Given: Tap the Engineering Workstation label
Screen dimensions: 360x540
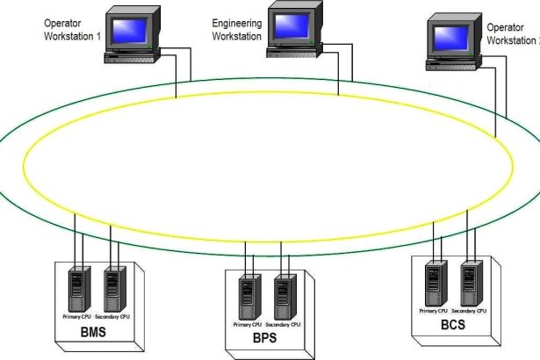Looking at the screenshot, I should pos(237,30).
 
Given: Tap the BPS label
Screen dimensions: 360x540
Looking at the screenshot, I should pos(265,337).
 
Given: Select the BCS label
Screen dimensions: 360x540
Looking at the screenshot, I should pos(454,325).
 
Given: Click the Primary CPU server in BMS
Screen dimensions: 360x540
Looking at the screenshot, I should pos(80,285).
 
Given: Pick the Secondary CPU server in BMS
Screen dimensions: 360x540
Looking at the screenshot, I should pos(112,285).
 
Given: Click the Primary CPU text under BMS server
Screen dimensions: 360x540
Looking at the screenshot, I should pos(76,315).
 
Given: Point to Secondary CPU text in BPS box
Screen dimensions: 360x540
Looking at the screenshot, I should pos(284,324).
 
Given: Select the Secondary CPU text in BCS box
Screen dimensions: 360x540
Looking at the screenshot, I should pos(469,311).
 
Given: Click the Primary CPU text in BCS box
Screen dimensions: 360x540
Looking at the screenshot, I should pos(434,311).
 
